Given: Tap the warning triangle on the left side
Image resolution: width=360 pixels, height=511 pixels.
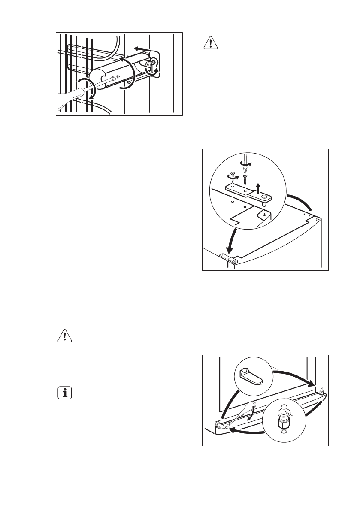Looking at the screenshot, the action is coord(65,336).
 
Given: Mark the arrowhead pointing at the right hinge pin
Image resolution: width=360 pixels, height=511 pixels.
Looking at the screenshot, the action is coord(312,384).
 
